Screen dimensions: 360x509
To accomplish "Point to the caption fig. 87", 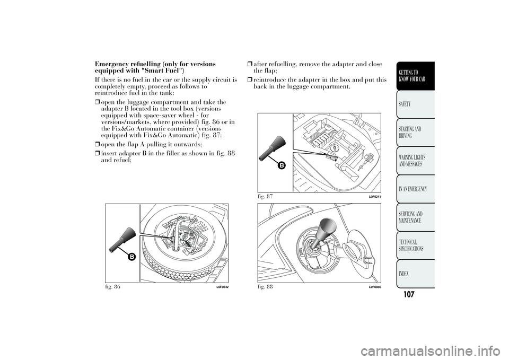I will click(x=264, y=196).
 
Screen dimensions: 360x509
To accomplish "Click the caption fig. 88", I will click(x=264, y=286).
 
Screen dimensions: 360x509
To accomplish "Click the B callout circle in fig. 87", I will click(x=281, y=165).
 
